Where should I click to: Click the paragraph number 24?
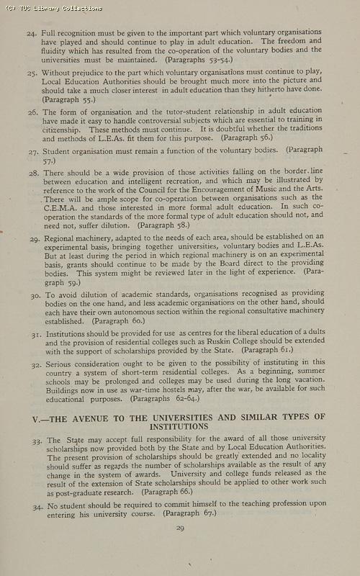tap(32, 33)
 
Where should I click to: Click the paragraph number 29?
tap(35, 238)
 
